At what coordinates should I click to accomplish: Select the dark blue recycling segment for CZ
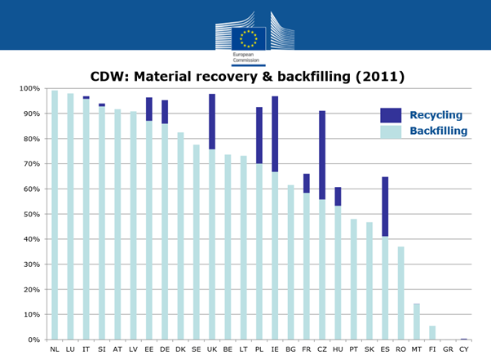(x=322, y=155)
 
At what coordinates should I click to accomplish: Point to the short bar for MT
(x=417, y=322)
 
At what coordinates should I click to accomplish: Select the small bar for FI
(x=432, y=332)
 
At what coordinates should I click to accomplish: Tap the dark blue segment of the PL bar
(x=259, y=136)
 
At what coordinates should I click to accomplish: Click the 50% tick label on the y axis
(x=29, y=215)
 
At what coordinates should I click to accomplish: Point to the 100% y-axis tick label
(x=28, y=88)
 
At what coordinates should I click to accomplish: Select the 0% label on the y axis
(x=32, y=340)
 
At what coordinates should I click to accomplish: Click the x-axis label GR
(x=448, y=349)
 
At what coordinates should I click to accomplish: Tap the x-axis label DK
(x=180, y=349)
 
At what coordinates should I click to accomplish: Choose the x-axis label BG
(x=290, y=349)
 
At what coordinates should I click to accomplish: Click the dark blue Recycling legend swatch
(x=391, y=115)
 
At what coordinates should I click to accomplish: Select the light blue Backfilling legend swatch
(x=391, y=131)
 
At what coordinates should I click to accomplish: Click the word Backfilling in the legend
(x=438, y=131)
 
